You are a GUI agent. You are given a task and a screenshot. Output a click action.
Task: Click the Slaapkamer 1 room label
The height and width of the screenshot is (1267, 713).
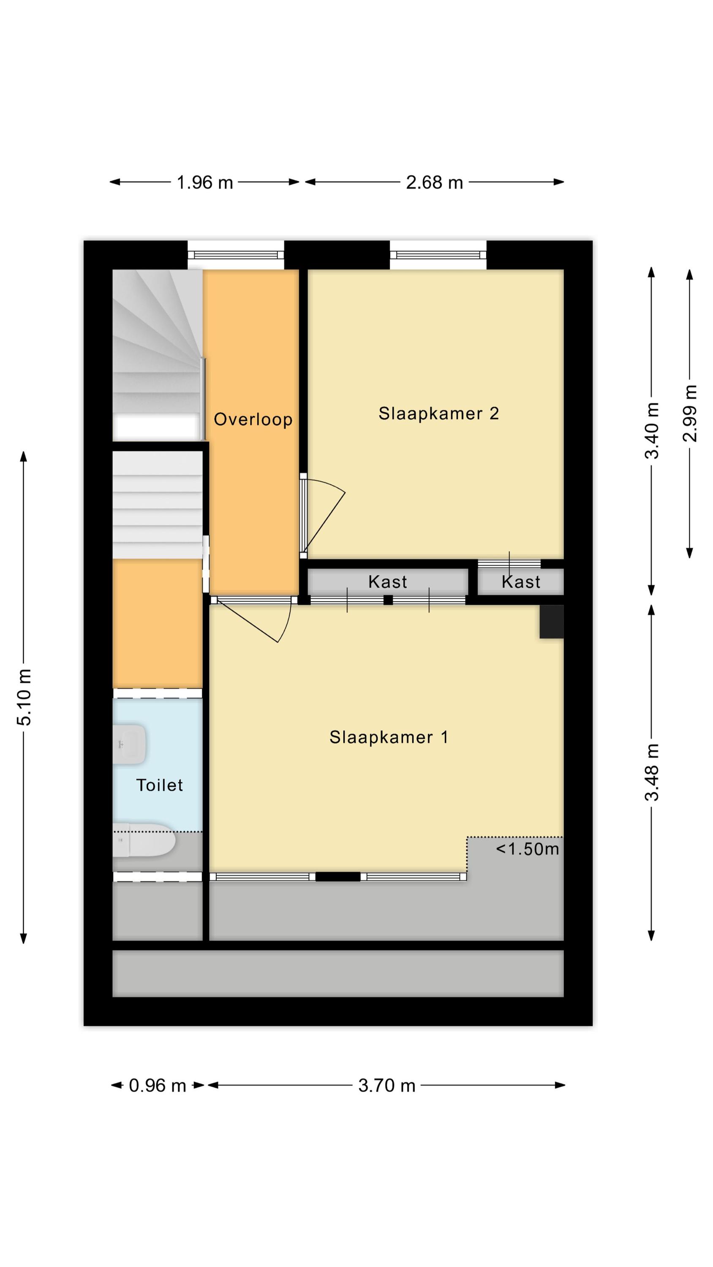388,737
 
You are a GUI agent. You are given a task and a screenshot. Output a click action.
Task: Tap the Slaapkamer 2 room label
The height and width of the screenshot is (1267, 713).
438,413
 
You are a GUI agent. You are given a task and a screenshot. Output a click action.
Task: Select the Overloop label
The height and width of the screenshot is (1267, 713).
253,419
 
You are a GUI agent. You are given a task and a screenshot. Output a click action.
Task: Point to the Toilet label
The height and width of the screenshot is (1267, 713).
159,785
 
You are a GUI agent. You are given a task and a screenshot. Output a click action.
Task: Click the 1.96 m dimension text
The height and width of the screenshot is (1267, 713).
205,183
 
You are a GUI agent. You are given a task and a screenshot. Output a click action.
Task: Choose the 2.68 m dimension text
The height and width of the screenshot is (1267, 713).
435,183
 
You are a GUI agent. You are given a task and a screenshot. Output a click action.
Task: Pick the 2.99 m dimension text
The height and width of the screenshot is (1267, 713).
690,413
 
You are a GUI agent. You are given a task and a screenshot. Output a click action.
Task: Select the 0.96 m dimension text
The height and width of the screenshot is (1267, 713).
158,1085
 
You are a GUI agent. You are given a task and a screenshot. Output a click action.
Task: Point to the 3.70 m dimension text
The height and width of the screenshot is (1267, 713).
387,1085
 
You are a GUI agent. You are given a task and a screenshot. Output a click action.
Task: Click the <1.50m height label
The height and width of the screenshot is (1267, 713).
528,849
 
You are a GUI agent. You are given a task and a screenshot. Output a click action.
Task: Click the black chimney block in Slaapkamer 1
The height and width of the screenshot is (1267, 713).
552,622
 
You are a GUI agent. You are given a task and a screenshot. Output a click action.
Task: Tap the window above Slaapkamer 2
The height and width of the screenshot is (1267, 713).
438,255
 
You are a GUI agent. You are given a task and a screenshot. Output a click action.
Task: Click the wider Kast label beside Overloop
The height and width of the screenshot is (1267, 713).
388,582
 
